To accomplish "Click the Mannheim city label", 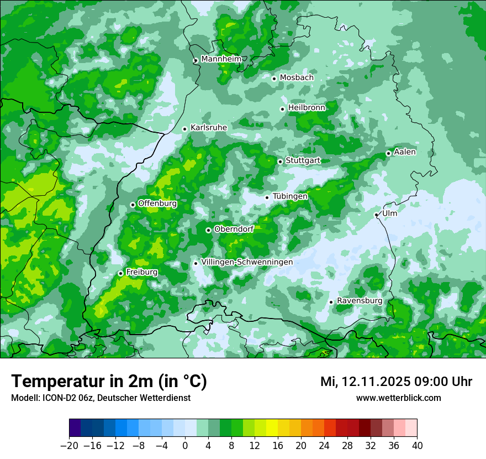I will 221,59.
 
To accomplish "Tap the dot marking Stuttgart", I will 280,161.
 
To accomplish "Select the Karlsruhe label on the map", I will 209,127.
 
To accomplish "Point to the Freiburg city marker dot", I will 120,273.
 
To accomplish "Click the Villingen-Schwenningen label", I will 247,262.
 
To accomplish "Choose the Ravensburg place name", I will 360,300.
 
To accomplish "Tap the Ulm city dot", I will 376,215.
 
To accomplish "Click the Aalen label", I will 405,152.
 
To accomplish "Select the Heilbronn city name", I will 307,107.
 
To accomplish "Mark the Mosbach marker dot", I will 274,79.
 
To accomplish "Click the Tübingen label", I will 290,196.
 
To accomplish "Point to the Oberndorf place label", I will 234,228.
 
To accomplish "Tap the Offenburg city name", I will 157,203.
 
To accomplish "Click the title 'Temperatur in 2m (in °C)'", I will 109,381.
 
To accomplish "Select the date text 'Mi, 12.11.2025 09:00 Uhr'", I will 396,381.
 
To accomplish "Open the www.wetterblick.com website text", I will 398,398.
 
